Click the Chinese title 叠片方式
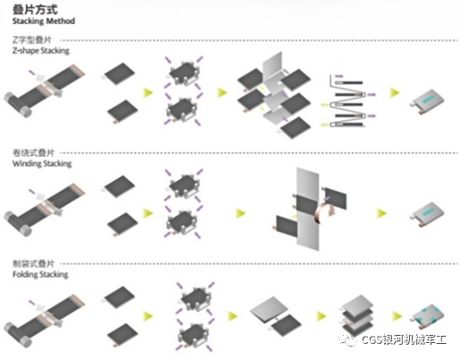pyautogui.click(x=35, y=10)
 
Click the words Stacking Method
pyautogui.click(x=44, y=21)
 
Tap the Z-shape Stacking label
pyautogui.click(x=41, y=50)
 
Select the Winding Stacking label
pyautogui.click(x=42, y=164)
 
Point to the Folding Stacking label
pyautogui.click(x=40, y=274)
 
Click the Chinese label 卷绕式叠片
pyautogui.click(x=33, y=153)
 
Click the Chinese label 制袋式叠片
pyautogui.click(x=33, y=263)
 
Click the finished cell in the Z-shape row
pyautogui.click(x=427, y=102)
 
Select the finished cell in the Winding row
pyautogui.click(x=427, y=214)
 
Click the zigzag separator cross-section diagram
pyautogui.click(x=347, y=100)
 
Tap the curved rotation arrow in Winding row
pyautogui.click(x=325, y=211)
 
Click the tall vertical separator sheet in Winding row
pyautogui.click(x=308, y=209)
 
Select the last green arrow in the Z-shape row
pyautogui.click(x=395, y=92)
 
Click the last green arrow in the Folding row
pyautogui.click(x=397, y=316)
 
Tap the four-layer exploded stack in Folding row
pyautogui.click(x=357, y=316)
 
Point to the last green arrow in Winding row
pyautogui.click(x=381, y=213)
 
